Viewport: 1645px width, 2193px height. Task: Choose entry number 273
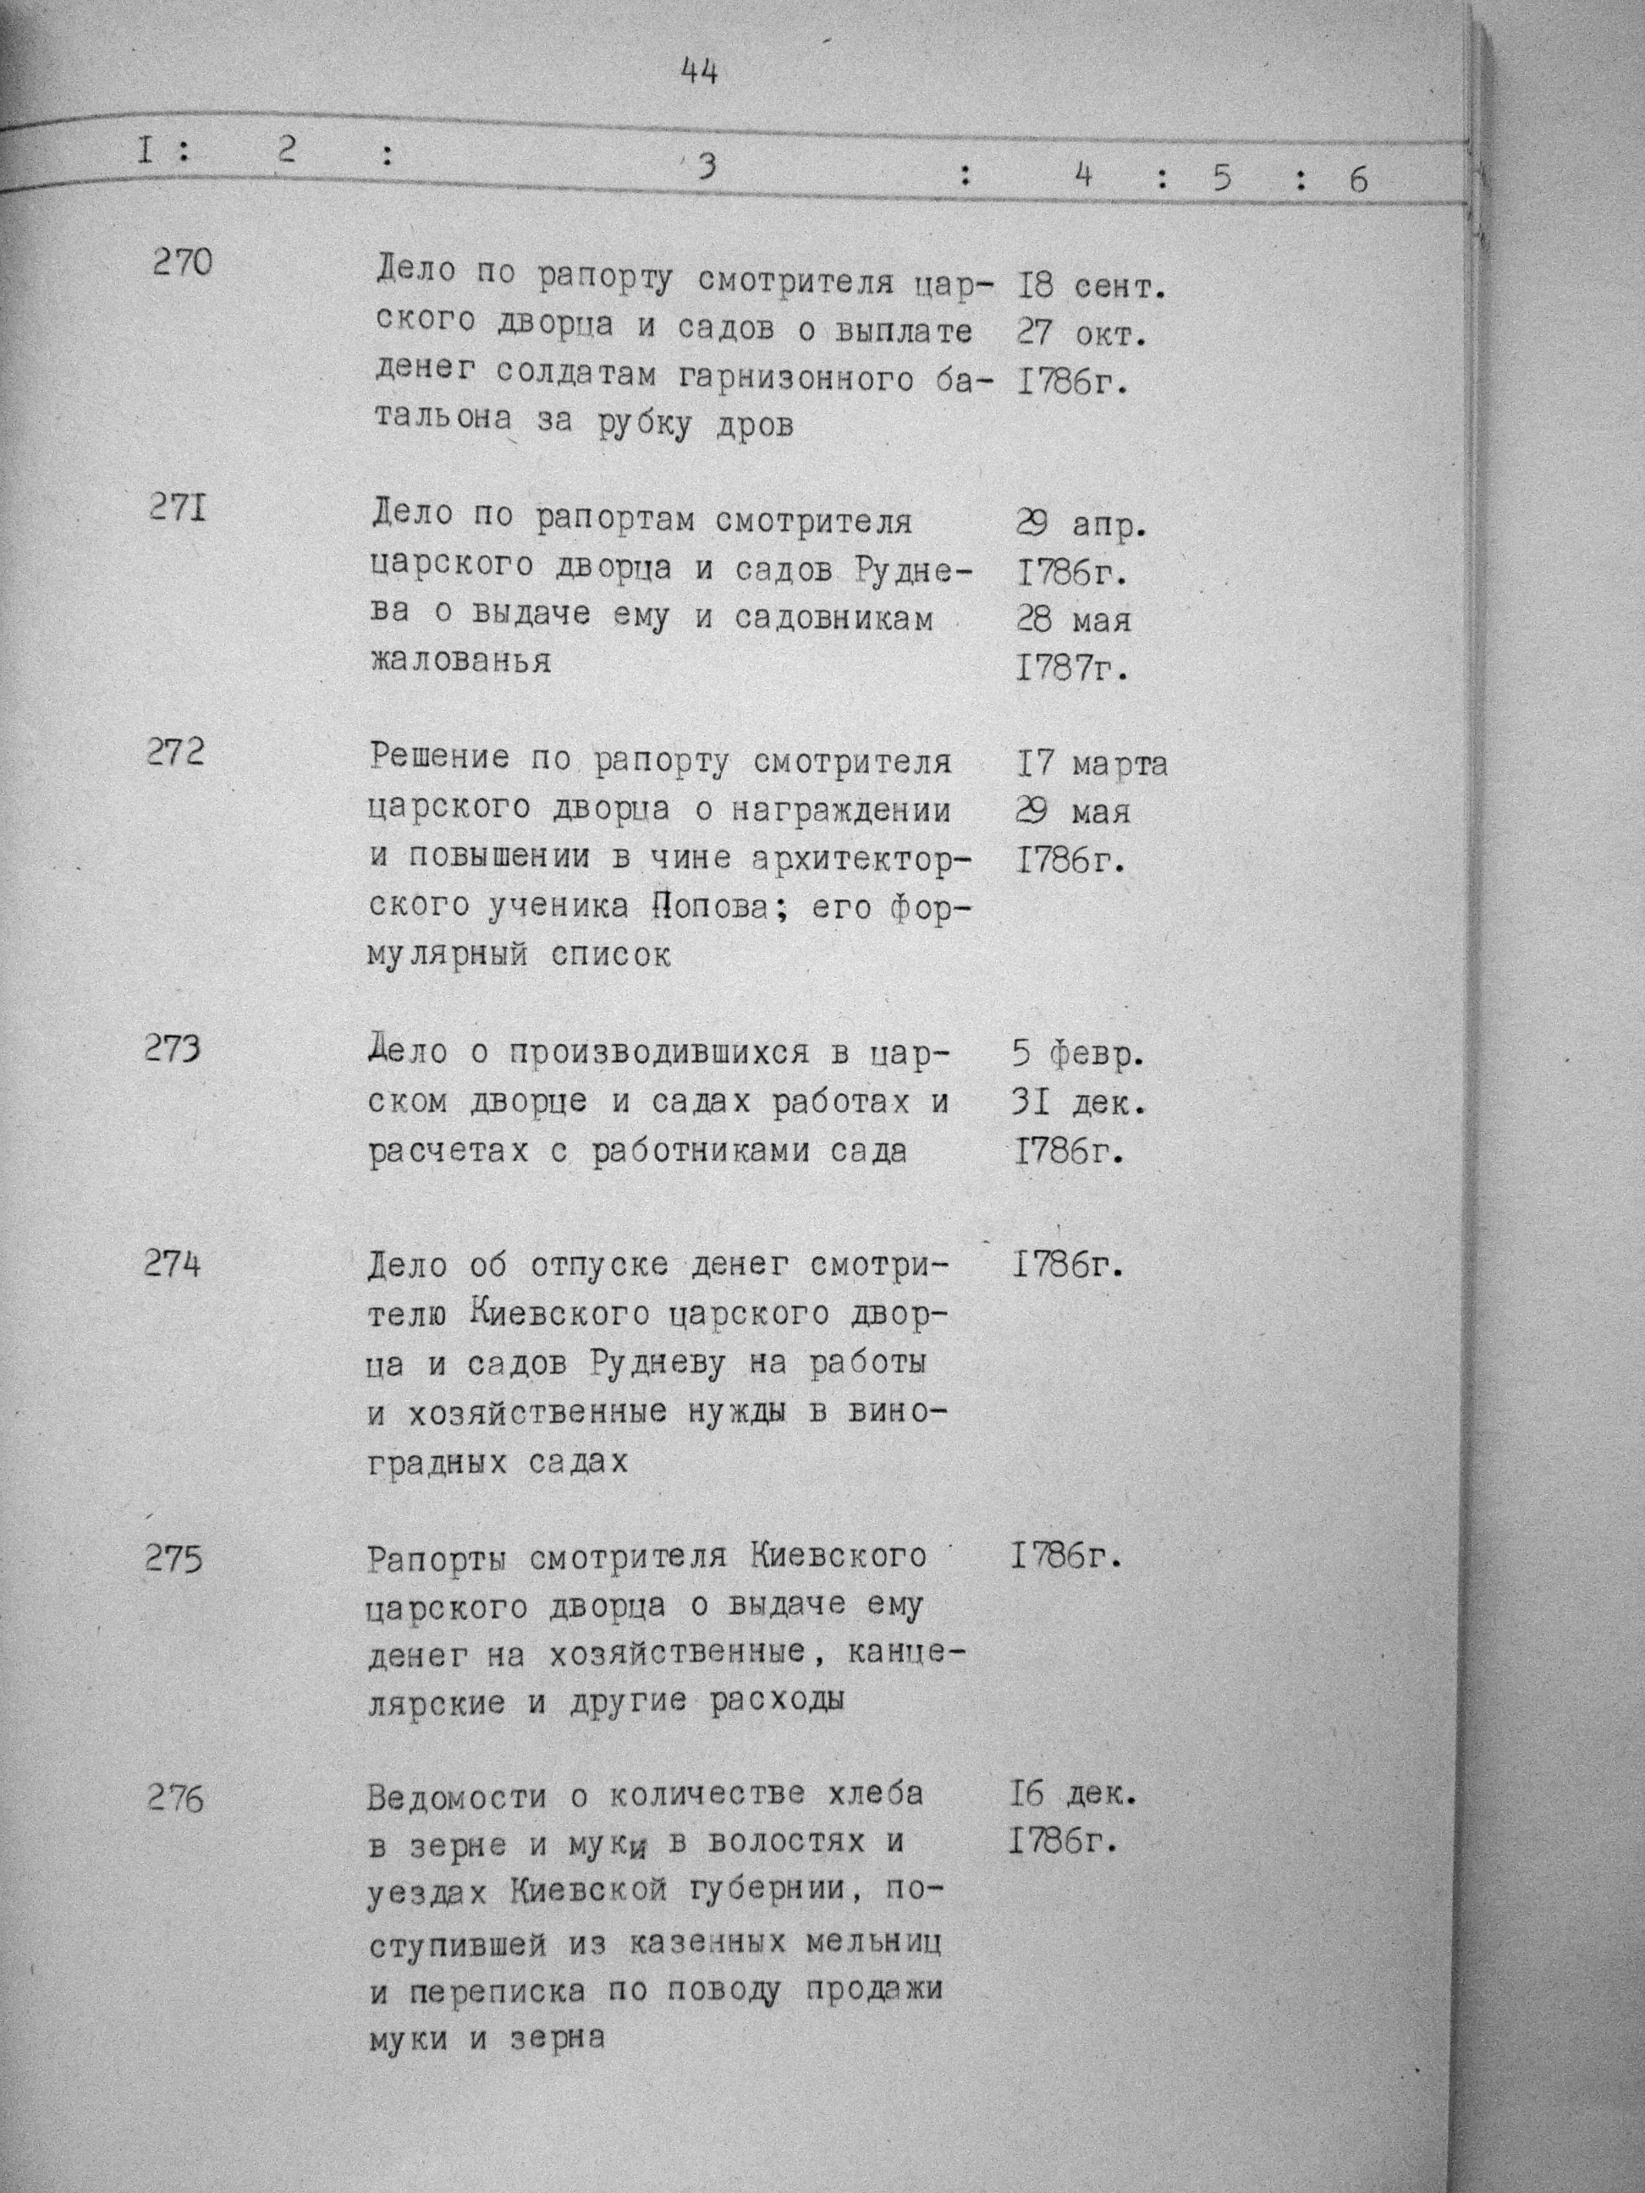pyautogui.click(x=173, y=1048)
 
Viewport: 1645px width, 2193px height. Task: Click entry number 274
pyautogui.click(x=172, y=1264)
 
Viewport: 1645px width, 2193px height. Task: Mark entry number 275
pyautogui.click(x=173, y=1559)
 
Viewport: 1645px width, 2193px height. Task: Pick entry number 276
pyautogui.click(x=174, y=1797)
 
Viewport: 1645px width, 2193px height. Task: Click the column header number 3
pyautogui.click(x=705, y=168)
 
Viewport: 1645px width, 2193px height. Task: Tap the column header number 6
pyautogui.click(x=1357, y=180)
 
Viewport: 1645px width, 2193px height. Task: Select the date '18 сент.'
pyautogui.click(x=1089, y=288)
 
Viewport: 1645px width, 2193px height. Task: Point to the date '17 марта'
pyautogui.click(x=1090, y=764)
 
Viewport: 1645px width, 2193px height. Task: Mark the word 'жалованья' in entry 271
pyautogui.click(x=460, y=660)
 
